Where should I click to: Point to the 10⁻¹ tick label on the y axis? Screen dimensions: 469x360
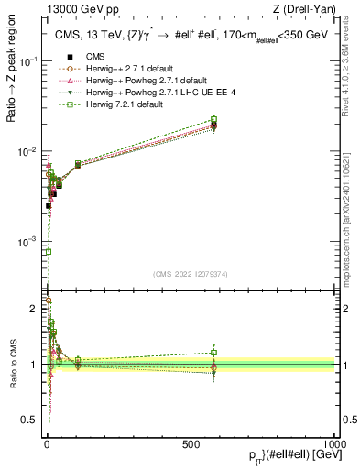tap(30, 61)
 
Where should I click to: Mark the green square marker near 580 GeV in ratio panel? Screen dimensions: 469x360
tap(214, 352)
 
